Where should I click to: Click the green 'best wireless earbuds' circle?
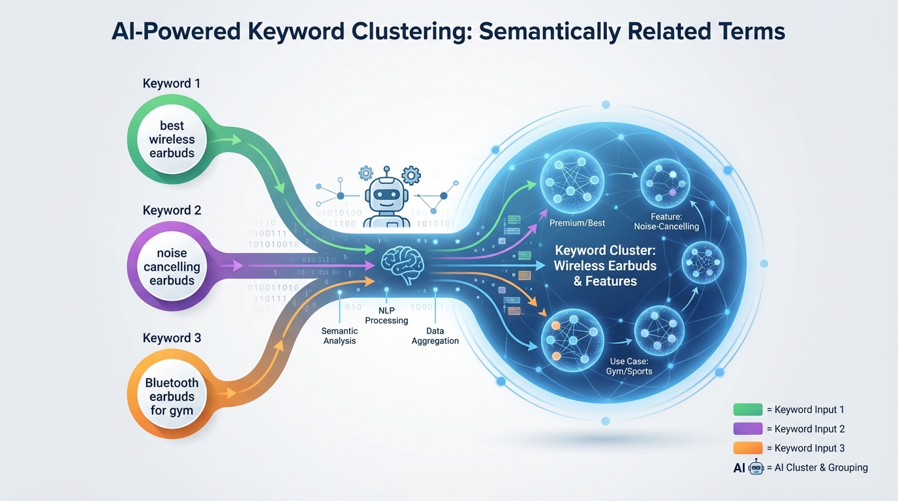click(x=172, y=140)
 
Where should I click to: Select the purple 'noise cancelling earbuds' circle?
click(x=172, y=267)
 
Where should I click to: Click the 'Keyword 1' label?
click(x=172, y=83)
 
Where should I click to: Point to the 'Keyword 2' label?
click(x=172, y=211)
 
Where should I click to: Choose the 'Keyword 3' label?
click(x=172, y=338)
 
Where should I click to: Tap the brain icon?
click(x=401, y=265)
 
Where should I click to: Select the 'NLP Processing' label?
click(x=386, y=315)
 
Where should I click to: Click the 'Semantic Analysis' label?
click(x=340, y=335)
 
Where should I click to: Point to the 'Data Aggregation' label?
click(x=435, y=335)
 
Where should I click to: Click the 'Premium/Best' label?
click(x=577, y=223)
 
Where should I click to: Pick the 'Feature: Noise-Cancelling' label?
click(x=666, y=222)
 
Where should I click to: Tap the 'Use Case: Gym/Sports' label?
click(x=630, y=365)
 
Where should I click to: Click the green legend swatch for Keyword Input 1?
click(x=748, y=410)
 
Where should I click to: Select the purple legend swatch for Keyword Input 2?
click(x=748, y=429)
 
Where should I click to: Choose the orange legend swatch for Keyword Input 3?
click(x=748, y=448)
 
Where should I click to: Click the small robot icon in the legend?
click(x=756, y=467)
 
